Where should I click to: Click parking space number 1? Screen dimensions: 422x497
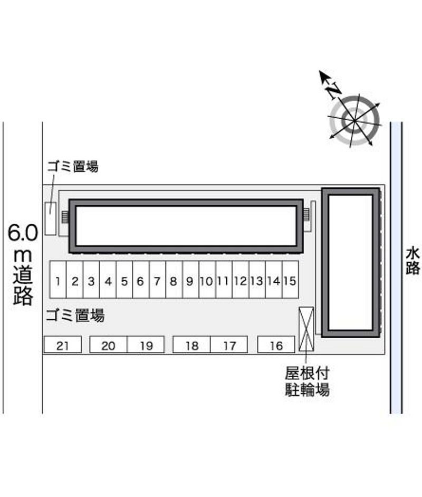tap(58, 280)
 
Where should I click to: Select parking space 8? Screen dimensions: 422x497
tap(174, 280)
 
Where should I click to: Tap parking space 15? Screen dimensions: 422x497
tap(290, 280)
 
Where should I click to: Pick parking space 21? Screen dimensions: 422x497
tap(62, 345)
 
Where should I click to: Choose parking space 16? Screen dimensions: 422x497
tap(276, 345)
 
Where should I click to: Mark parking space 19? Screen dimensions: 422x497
tap(146, 345)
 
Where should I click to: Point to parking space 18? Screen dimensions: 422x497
tap(191, 345)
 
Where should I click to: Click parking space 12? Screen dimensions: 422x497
tap(241, 280)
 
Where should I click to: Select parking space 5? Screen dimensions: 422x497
tap(124, 280)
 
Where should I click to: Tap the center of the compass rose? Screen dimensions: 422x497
tap(354, 120)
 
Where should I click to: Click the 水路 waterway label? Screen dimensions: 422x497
tap(413, 261)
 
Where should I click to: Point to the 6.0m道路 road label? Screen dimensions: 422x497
tap(23, 264)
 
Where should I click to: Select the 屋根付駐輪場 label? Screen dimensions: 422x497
tap(307, 381)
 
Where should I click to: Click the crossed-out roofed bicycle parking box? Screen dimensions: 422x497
tap(306, 329)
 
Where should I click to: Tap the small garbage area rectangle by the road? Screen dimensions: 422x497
tap(50, 219)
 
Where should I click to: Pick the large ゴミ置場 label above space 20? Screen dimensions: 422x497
tap(75, 316)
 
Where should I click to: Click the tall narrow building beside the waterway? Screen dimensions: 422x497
tap(351, 262)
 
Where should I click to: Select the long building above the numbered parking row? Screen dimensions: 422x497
tap(186, 226)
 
